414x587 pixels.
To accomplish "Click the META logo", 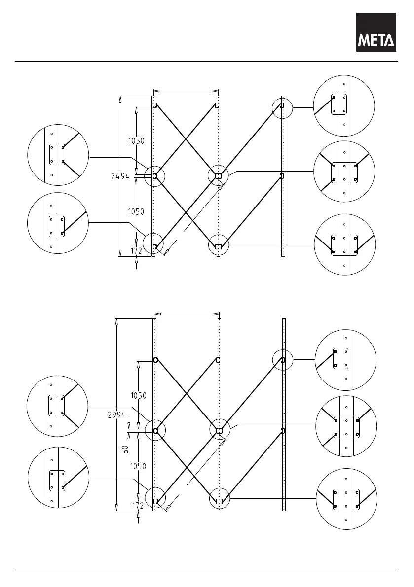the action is [376, 32].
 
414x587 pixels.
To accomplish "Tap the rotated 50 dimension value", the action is [125, 449].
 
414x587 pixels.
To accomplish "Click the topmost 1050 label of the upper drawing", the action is [136, 140].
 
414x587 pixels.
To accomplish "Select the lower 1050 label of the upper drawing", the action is [136, 211].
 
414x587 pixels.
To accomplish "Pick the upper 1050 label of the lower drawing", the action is [138, 395].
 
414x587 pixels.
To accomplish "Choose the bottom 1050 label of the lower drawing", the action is [138, 466].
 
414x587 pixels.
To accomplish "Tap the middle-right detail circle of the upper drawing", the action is [344, 172].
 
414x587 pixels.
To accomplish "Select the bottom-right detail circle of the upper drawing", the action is [344, 244].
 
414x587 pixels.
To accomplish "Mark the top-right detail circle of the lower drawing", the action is [345, 360].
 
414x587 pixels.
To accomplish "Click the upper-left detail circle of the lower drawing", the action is [58, 406].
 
